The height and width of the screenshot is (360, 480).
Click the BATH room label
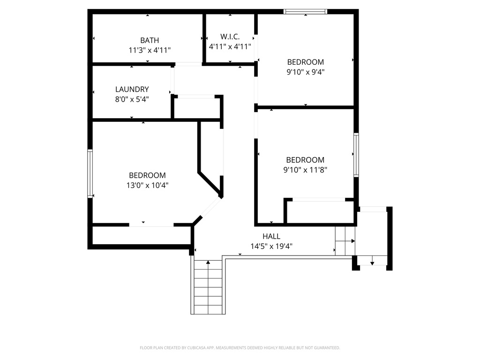(150, 40)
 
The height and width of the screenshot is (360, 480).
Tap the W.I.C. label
(230, 36)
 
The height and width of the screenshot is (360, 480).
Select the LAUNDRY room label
(132, 89)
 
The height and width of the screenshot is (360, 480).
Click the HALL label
(271, 236)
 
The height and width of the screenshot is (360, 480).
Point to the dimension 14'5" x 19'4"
(271, 246)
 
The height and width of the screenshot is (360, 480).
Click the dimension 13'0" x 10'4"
(147, 185)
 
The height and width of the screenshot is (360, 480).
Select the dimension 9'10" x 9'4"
(305, 72)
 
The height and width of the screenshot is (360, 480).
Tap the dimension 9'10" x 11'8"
(305, 170)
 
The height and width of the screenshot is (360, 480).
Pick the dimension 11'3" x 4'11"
(150, 50)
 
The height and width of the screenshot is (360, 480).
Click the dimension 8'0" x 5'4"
(132, 99)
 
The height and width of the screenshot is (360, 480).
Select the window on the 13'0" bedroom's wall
(90, 173)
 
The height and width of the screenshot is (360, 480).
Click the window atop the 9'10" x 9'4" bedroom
(306, 11)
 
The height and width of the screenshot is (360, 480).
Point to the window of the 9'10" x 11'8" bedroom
(356, 155)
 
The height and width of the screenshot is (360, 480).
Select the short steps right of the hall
(345, 241)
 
